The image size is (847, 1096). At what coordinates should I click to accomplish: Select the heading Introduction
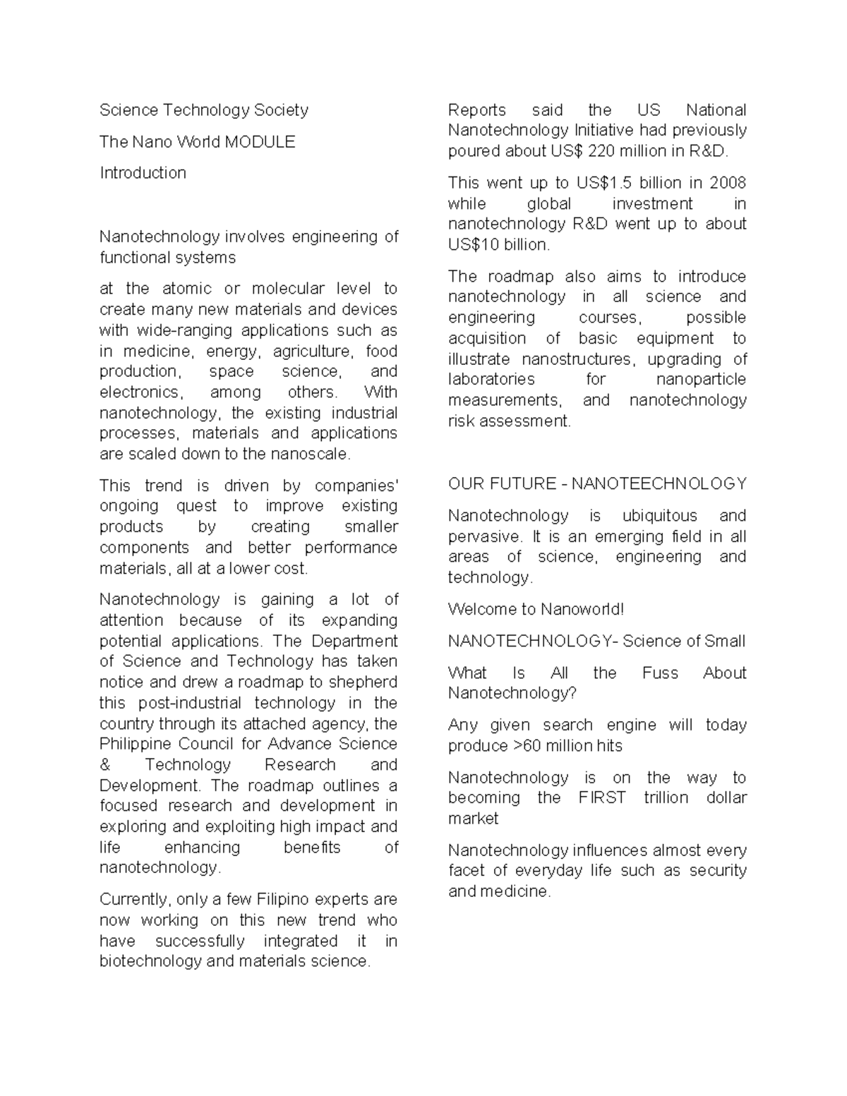click(143, 173)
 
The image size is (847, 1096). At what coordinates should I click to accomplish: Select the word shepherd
click(364, 682)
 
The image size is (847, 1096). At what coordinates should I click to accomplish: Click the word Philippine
click(135, 744)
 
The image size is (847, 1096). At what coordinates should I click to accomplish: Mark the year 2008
click(728, 183)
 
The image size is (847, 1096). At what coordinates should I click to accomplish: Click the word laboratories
click(491, 380)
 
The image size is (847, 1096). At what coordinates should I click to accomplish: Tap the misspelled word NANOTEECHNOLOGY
click(659, 484)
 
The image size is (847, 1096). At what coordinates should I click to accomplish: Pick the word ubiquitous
click(659, 516)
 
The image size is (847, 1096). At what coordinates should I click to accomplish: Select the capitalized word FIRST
click(601, 798)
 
